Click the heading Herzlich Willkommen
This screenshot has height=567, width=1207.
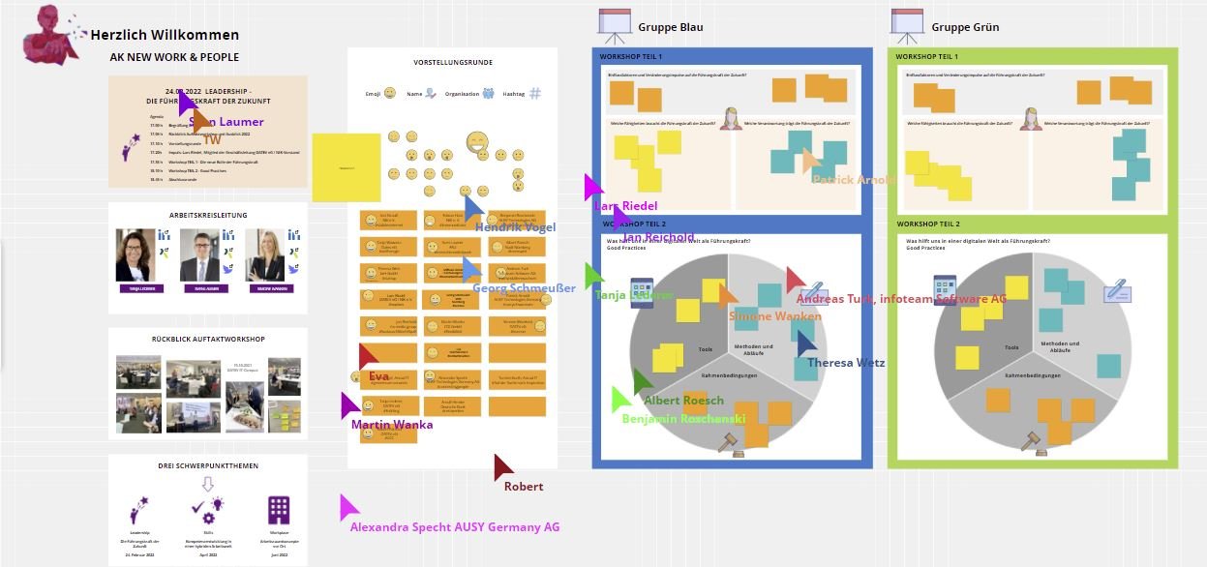165,35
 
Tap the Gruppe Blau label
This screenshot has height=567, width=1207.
671,27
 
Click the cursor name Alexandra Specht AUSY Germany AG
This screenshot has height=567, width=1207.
455,527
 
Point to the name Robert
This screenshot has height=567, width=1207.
524,487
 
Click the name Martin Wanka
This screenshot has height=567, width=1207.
392,425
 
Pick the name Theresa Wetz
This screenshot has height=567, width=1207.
846,363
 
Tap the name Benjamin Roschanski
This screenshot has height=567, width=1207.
683,419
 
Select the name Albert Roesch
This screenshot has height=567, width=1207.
683,401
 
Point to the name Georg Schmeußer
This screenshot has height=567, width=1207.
524,287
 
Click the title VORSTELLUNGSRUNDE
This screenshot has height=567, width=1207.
453,63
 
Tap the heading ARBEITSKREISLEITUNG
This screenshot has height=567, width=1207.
208,215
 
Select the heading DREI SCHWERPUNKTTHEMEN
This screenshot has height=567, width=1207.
208,465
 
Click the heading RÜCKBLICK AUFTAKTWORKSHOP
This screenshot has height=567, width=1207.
208,339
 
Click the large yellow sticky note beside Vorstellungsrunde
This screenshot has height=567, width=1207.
346,167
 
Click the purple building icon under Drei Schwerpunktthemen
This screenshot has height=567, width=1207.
279,510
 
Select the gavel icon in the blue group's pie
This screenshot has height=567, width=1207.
727,443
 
